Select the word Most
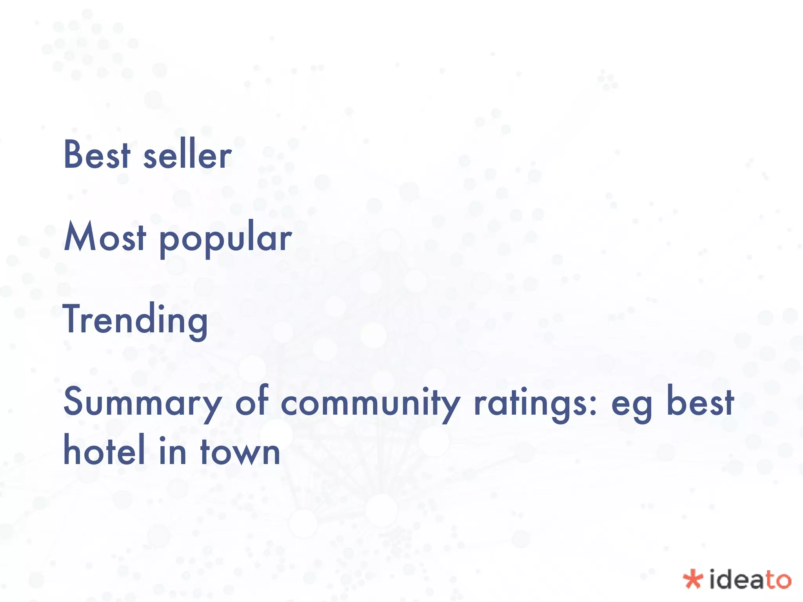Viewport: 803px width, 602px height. tap(105, 236)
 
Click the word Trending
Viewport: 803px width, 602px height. tap(135, 320)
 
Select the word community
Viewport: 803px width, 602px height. tap(371, 403)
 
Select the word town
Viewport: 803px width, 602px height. tap(240, 451)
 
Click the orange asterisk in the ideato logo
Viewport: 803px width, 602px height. tap(693, 579)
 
